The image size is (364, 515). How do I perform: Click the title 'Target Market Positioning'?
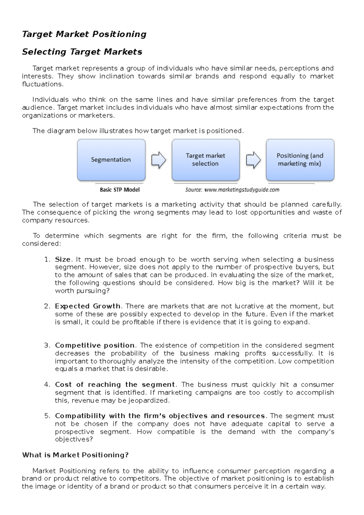84,34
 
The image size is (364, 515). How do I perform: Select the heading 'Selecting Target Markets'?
82,52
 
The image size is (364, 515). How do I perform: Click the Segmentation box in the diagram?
111,160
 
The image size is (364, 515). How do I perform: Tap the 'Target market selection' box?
205,160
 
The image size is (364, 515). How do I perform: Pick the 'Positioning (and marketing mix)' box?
300,160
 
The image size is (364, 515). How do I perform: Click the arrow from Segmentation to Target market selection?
159,160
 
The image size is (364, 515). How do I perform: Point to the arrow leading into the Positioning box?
253,160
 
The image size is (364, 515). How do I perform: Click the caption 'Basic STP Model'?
120,190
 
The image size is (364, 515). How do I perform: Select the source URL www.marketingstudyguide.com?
242,190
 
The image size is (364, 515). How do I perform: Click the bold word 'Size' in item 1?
62,260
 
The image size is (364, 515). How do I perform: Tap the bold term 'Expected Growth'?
87,306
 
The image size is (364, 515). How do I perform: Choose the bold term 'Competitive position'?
95,345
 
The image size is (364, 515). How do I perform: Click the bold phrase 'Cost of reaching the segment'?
115,385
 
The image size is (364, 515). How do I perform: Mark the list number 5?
47,416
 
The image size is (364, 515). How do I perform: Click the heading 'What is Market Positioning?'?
75,455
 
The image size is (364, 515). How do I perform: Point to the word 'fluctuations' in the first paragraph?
42,84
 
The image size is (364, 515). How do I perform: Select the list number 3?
47,345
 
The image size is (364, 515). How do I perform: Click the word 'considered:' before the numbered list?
41,244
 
